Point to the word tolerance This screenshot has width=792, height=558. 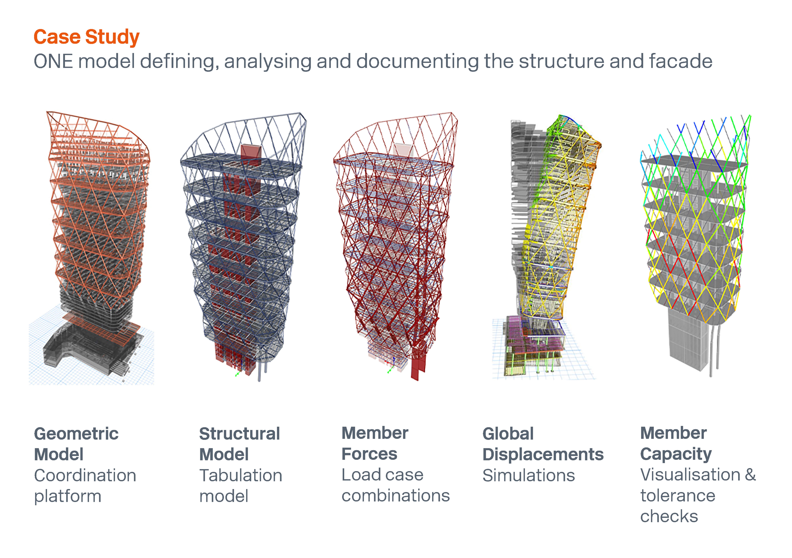coord(678,496)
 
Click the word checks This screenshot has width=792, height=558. coord(669,516)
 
